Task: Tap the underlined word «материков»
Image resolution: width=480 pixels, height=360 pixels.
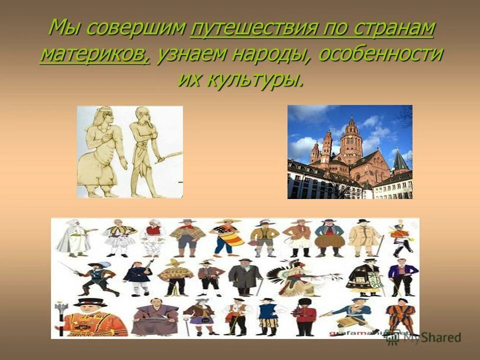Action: [95, 54]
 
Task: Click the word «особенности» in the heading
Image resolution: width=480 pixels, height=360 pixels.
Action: [380, 54]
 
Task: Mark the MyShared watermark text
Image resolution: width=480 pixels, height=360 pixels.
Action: [430, 338]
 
